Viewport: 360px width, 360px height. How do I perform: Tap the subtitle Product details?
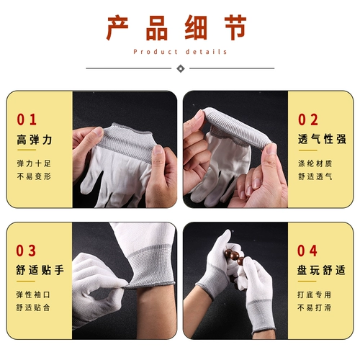pos(180,52)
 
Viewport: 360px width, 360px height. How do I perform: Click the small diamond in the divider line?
pos(180,68)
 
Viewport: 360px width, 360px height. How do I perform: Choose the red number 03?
pos(27,251)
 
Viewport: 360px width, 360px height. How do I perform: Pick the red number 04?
pos(308,251)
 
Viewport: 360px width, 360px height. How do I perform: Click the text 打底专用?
pos(315,294)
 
